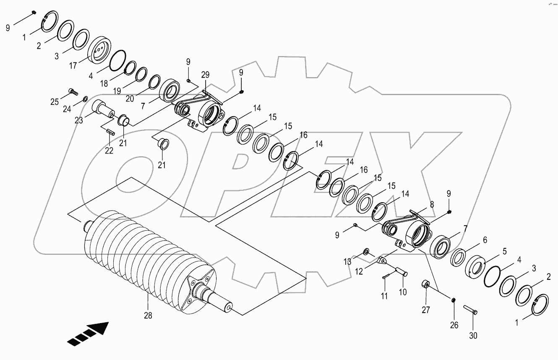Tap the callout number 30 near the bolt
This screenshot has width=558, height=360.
tap(473, 336)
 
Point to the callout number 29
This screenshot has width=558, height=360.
tap(205, 75)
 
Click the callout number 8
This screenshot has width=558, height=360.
tap(432, 204)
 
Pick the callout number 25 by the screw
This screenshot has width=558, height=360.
tap(55, 102)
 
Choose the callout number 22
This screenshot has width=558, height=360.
tap(109, 151)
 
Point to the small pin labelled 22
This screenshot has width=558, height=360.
tap(111, 132)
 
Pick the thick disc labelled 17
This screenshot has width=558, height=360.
tap(98, 50)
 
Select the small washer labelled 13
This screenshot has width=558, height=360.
tap(366, 252)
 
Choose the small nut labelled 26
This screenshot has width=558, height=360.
tap(454, 300)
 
